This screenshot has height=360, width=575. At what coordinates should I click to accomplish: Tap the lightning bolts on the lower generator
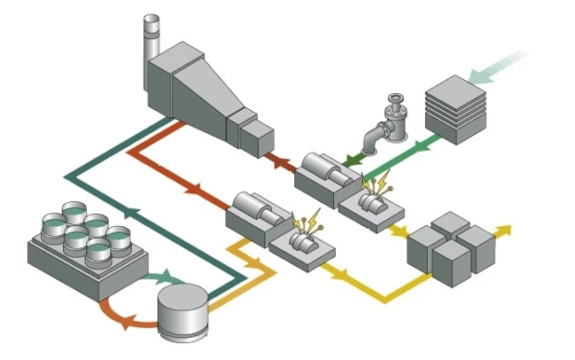(306, 221)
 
